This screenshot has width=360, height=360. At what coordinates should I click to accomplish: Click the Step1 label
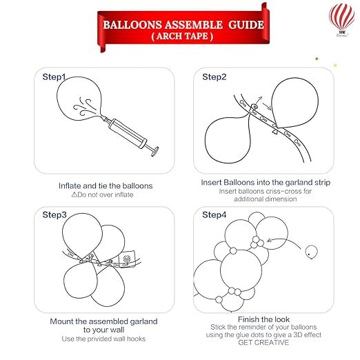(54, 77)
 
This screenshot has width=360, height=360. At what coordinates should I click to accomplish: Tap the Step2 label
(214, 77)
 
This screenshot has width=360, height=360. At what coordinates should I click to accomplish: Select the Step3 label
(54, 214)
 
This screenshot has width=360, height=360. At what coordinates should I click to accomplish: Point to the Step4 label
(214, 214)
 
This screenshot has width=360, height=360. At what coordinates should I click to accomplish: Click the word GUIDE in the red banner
(246, 25)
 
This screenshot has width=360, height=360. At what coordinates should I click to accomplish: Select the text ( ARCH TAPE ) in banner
(182, 36)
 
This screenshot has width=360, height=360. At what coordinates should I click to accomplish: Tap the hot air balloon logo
(341, 20)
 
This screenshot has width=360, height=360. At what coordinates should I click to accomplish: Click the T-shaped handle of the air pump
(154, 150)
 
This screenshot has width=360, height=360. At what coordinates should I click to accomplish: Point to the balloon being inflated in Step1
(79, 98)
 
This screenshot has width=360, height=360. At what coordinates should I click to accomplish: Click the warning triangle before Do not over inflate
(74, 194)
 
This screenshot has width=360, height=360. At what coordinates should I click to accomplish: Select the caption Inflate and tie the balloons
(106, 186)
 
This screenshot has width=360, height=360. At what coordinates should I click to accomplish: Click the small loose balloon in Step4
(312, 252)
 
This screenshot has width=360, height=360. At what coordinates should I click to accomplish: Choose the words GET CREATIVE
(263, 343)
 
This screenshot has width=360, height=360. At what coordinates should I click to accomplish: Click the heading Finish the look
(263, 319)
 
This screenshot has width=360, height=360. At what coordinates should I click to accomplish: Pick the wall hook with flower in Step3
(127, 259)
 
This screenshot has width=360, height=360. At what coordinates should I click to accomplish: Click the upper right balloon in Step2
(295, 103)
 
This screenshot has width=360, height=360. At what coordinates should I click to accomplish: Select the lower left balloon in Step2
(228, 140)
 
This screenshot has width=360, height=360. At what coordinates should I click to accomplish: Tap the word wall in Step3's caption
(117, 330)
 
